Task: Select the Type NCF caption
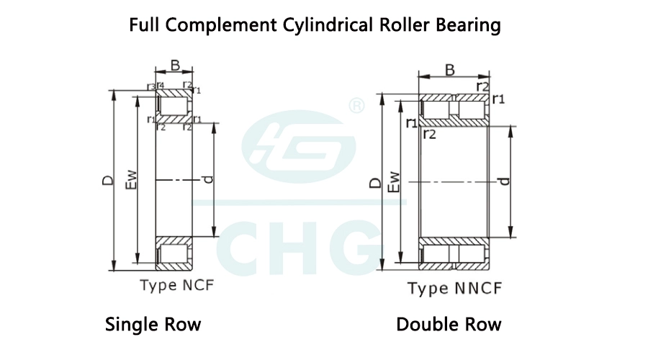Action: pyautogui.click(x=177, y=285)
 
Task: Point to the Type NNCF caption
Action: pyautogui.click(x=454, y=288)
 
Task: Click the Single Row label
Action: pyautogui.click(x=153, y=324)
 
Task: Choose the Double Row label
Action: pyautogui.click(x=449, y=324)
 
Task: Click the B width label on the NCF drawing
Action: pyautogui.click(x=175, y=66)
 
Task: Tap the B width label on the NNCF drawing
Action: pyautogui.click(x=450, y=70)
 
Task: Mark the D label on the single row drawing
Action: pyautogui.click(x=108, y=180)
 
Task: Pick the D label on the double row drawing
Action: pyautogui.click(x=375, y=183)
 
